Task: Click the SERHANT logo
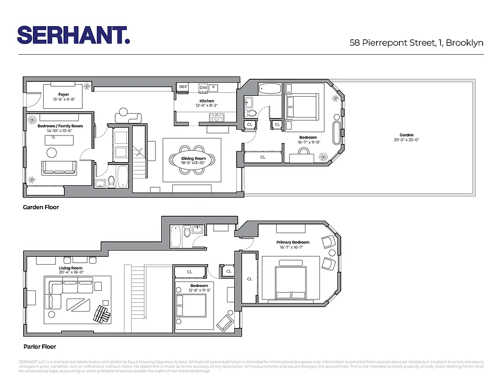click(x=73, y=35)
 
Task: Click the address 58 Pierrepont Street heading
click(x=416, y=43)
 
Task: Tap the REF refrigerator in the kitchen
click(x=183, y=87)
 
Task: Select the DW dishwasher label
click(x=203, y=88)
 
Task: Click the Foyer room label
click(x=63, y=95)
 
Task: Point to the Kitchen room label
click(x=207, y=101)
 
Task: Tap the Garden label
click(x=406, y=135)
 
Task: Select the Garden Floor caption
click(x=41, y=207)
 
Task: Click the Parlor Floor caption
click(x=40, y=347)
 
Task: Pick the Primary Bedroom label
click(x=292, y=242)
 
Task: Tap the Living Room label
click(x=71, y=268)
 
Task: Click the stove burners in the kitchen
click(x=217, y=117)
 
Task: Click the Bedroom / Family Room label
click(x=60, y=126)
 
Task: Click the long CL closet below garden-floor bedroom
click(x=263, y=157)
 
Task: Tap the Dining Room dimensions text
click(x=194, y=163)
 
